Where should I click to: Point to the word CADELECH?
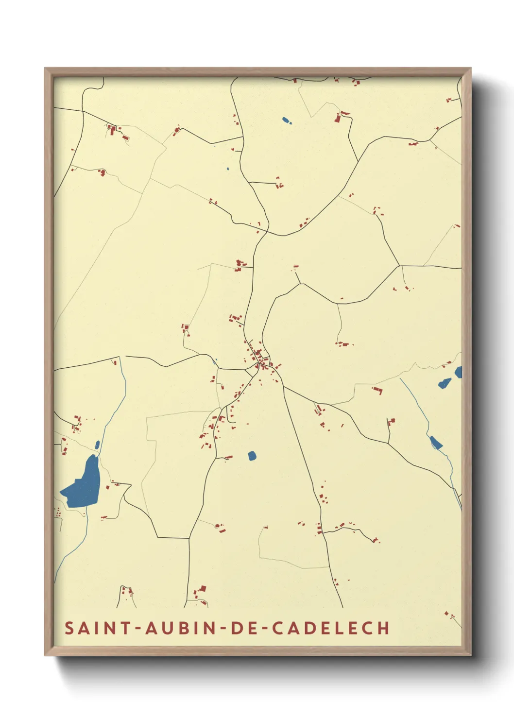330,628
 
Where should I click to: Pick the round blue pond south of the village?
252,456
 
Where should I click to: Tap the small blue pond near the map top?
286,120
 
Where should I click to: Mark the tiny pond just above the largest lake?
97,444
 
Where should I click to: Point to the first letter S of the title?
69,628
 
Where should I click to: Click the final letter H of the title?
383,628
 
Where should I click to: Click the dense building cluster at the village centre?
260,359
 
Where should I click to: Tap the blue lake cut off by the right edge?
458,372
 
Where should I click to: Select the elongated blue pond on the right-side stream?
436,443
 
